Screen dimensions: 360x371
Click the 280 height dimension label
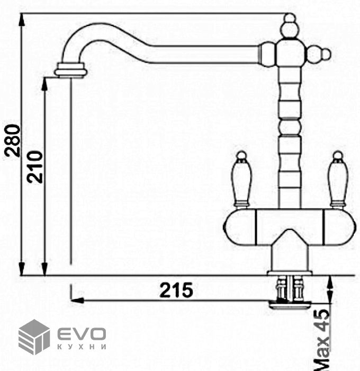tap(13, 141)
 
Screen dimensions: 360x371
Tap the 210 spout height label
tap(35, 167)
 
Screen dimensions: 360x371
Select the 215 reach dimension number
tap(176, 290)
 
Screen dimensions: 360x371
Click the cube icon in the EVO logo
tap(34, 337)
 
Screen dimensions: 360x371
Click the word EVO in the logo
tap(82, 334)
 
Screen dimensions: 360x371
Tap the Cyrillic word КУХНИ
tap(82, 347)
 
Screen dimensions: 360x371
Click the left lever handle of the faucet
tap(241, 179)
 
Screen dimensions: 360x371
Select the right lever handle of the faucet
tap(338, 179)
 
